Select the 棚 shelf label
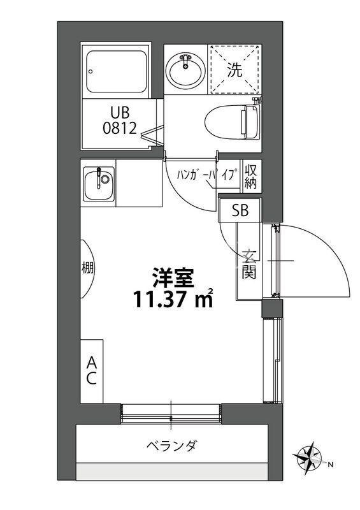click(x=87, y=267)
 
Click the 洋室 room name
click(x=172, y=277)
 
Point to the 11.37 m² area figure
click(x=173, y=298)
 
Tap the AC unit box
click(x=91, y=370)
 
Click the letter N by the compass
click(x=330, y=465)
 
